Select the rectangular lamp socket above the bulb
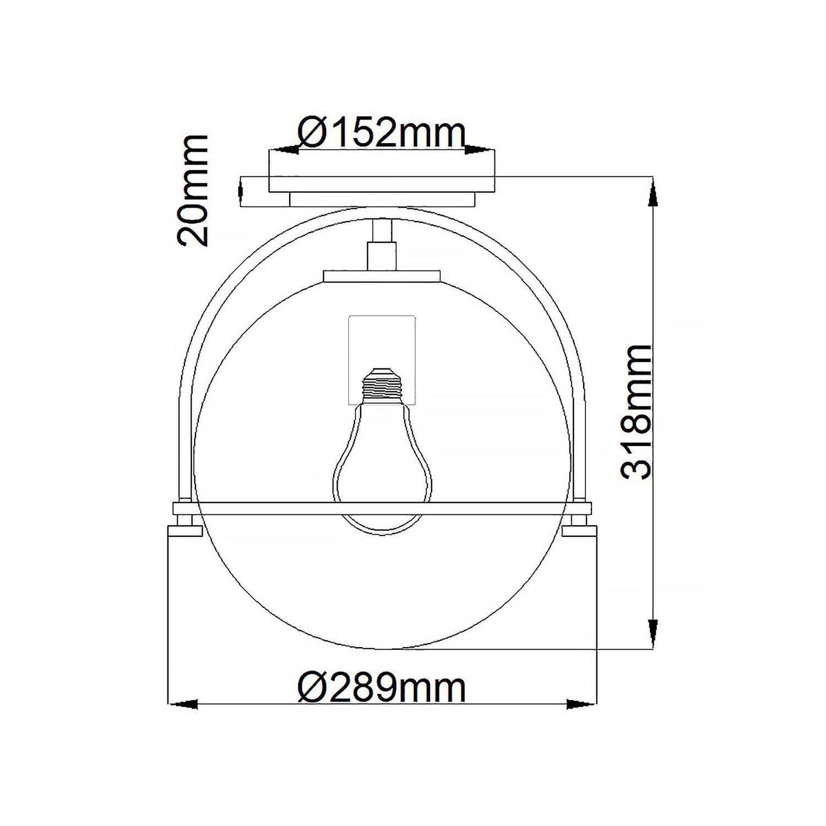point(382,341)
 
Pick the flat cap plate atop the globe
point(382,275)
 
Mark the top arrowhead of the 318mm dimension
point(653,193)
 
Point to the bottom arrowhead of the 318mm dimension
point(653,633)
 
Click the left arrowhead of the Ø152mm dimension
point(283,149)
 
